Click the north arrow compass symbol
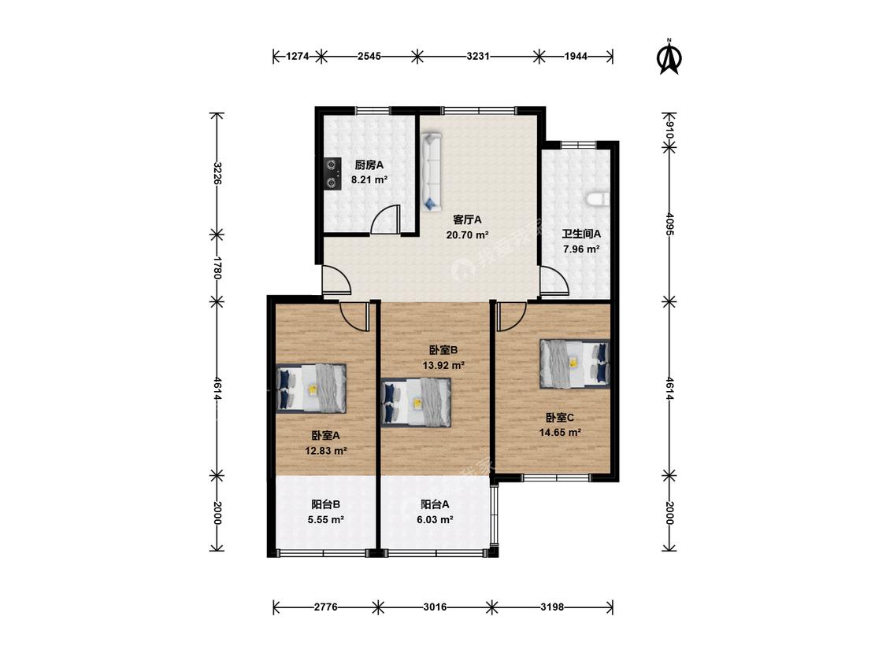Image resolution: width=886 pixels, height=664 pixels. coord(669,57)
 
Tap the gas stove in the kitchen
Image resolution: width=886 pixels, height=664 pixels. coord(332,173)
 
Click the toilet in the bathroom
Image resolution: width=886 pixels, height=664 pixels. coord(597,199)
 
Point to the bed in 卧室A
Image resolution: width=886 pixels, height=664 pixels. coord(311,389)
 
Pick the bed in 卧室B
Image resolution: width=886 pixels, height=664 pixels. coord(417,403)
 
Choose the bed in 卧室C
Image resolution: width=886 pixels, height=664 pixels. coord(575,363)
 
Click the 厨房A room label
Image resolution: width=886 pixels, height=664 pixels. coord(369,165)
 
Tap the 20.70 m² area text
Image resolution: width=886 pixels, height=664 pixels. coord(467,235)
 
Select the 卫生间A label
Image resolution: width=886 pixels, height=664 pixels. coord(581,234)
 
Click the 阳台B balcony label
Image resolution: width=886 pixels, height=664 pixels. coord(325,505)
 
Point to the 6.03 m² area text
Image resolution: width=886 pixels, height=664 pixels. coord(435,519)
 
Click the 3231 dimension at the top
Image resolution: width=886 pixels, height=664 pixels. coord(478,56)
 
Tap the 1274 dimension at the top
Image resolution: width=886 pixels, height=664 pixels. coord(298,56)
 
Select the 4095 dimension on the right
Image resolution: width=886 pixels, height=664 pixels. coord(669,224)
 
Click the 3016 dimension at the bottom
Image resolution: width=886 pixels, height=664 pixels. coord(435,607)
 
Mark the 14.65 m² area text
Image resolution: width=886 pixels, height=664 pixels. coord(560,433)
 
